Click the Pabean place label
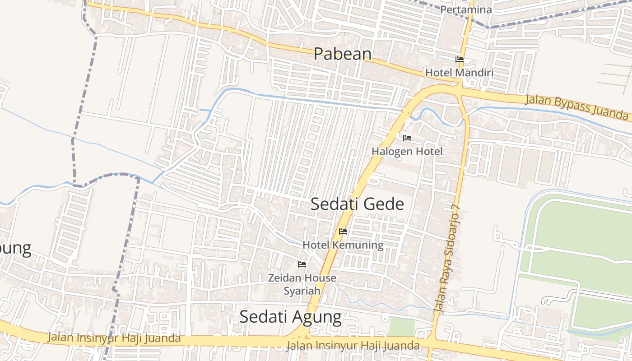coord(343,54)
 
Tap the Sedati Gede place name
coord(357,204)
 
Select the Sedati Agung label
coord(290,317)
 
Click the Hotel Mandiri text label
coord(459,73)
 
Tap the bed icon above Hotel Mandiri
coord(460,60)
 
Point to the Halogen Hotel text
coord(407,152)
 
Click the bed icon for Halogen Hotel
coord(407,138)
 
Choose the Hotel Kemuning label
coord(343,245)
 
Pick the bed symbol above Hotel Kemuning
coord(343,231)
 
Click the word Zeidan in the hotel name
coord(283,278)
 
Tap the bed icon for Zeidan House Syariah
coord(302,264)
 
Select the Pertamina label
coord(466,9)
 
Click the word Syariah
coord(302,291)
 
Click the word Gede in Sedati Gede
coord(384,204)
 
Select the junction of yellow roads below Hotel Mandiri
coord(459,88)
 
